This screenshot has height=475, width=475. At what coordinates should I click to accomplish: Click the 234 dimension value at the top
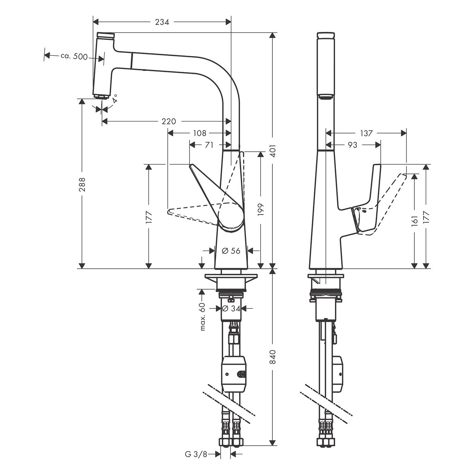coord(162,22)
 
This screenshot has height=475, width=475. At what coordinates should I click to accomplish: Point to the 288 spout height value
coord(82,184)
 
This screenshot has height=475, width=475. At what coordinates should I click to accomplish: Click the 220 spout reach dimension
coord(169,121)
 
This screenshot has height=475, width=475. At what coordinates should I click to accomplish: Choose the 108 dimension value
coord(199,133)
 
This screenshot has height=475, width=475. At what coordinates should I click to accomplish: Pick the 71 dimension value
coord(209,145)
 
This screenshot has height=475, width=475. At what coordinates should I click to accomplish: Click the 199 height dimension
coord(261,210)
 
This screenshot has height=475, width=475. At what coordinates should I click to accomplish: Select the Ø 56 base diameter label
coord(231,251)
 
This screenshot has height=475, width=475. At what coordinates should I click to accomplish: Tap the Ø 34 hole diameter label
coord(231,308)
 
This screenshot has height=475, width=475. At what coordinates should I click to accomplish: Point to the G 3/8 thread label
coord(196,454)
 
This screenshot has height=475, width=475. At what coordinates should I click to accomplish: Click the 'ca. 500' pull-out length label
coord(74,56)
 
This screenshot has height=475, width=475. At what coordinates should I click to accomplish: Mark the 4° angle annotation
coord(115,98)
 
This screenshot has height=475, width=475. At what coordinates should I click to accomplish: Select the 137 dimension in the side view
coord(366,133)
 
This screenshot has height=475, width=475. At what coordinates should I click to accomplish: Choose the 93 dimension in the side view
coord(352,145)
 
